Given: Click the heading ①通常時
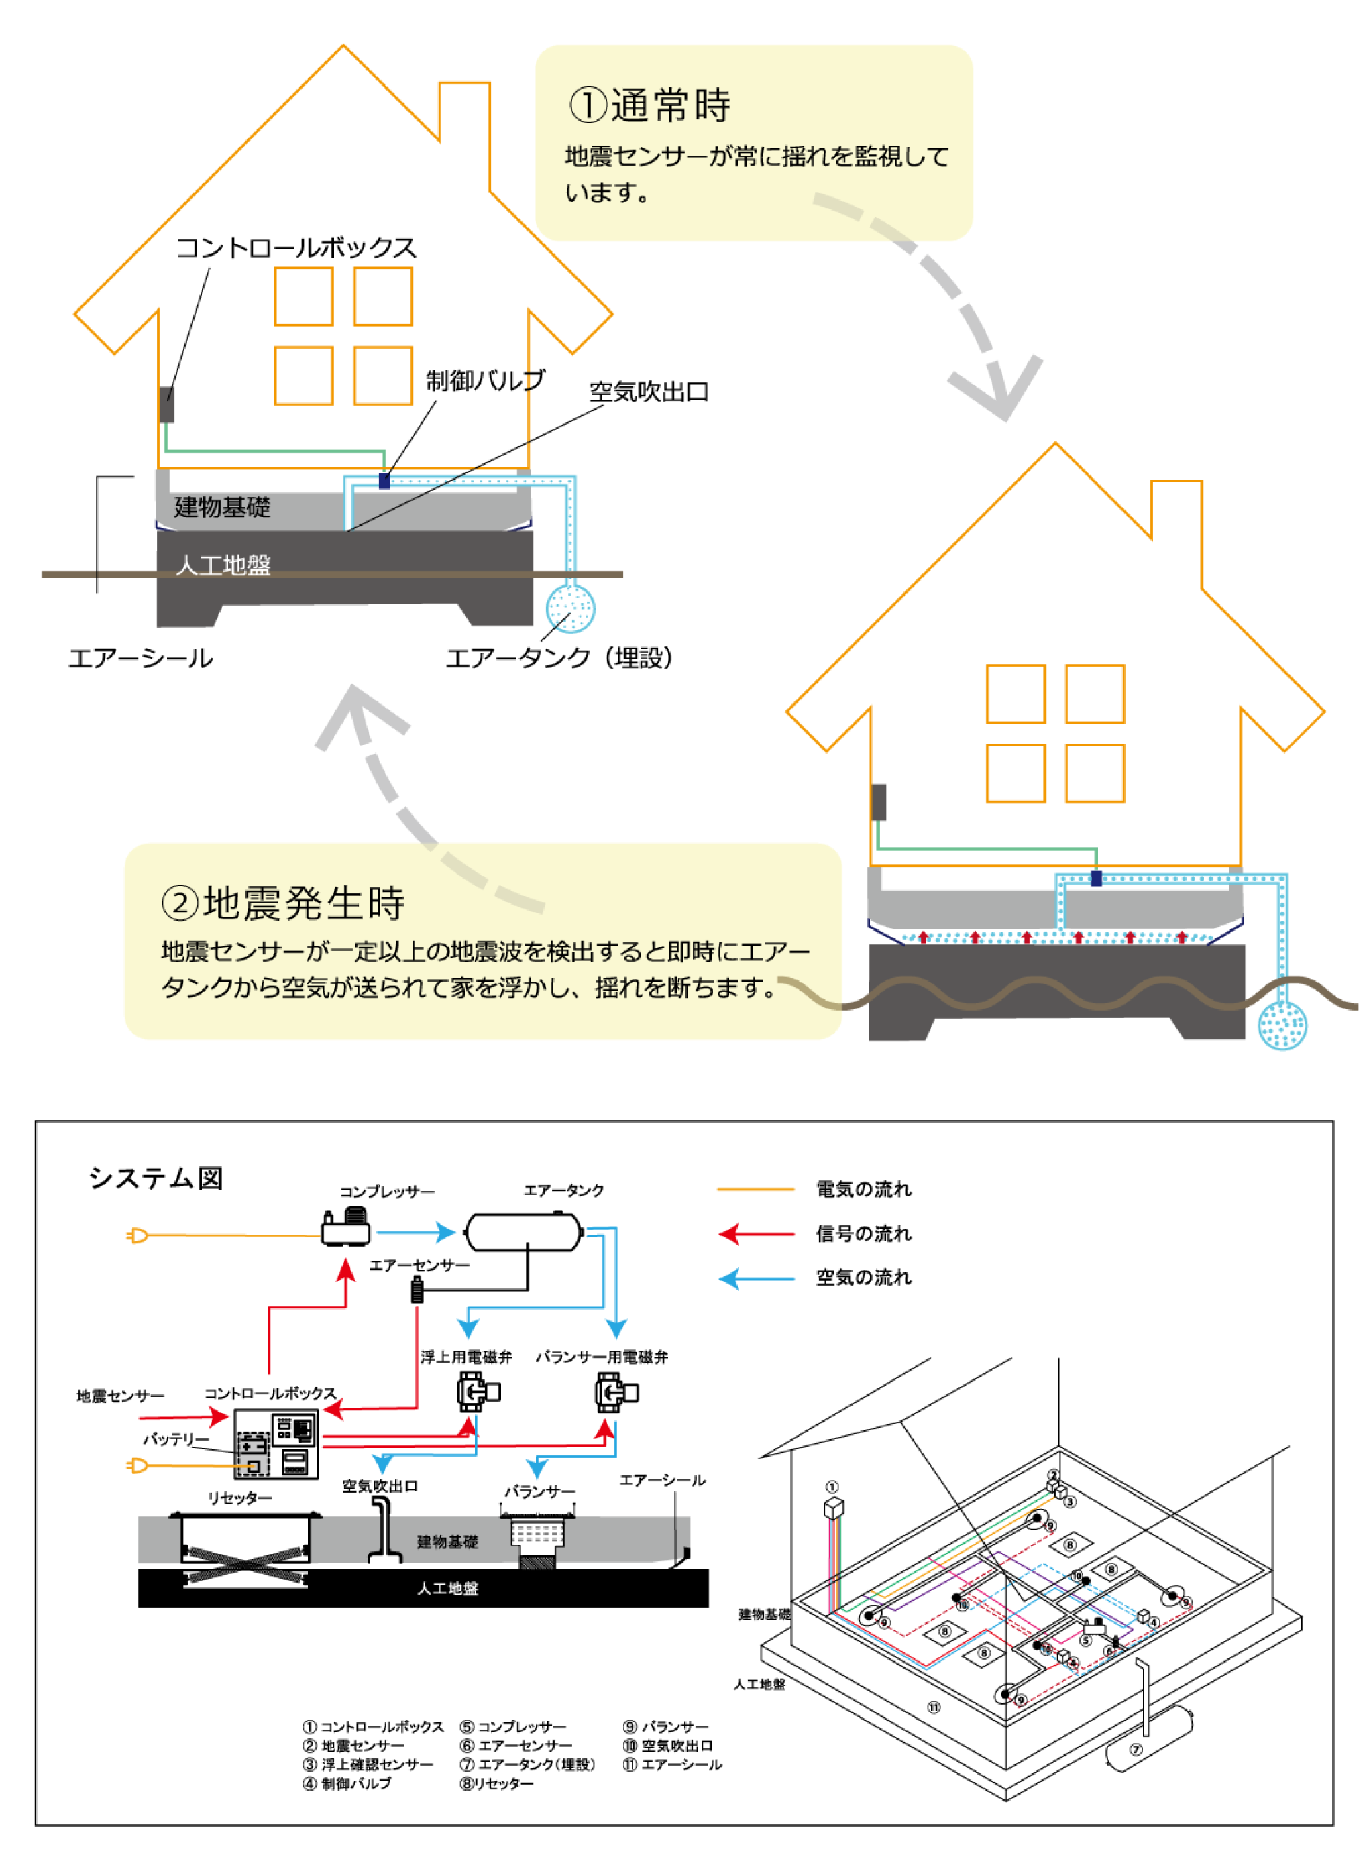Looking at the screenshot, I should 650,106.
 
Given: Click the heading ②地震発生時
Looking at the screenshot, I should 283,903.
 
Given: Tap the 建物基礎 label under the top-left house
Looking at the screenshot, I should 223,508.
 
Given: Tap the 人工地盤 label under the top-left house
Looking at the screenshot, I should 223,565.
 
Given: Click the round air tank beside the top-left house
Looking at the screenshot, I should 570,608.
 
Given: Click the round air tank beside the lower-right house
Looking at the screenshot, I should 1282,1025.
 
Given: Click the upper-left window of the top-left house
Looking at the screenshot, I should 304,296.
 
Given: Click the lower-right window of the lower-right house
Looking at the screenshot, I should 1095,773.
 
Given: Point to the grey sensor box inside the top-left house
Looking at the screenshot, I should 167,404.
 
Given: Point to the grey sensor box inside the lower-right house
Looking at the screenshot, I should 879,802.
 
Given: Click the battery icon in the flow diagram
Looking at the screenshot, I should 254,1453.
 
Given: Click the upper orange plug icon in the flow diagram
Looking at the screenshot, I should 138,1236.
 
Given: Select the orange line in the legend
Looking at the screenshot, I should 755,1189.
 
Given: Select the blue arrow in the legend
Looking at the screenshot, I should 755,1278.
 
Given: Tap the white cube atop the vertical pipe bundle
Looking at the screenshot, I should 834,1506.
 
